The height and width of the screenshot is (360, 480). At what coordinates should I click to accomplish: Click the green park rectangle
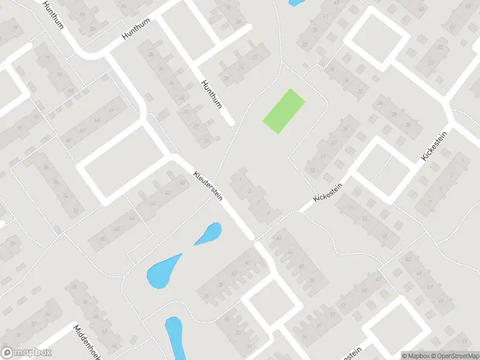pyautogui.click(x=284, y=112)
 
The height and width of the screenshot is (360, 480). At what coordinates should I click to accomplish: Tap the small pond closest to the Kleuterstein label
pyautogui.click(x=208, y=233)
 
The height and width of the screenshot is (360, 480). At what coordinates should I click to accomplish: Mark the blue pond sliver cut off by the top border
pyautogui.click(x=296, y=2)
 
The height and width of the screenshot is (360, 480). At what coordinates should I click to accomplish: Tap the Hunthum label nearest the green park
pyautogui.click(x=212, y=94)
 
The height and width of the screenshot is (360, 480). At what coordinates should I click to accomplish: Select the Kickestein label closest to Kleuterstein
pyautogui.click(x=329, y=192)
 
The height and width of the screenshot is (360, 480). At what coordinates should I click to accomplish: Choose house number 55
pyautogui.click(x=430, y=63)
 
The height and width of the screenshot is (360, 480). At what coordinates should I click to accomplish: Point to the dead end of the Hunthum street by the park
pyautogui.click(x=232, y=125)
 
